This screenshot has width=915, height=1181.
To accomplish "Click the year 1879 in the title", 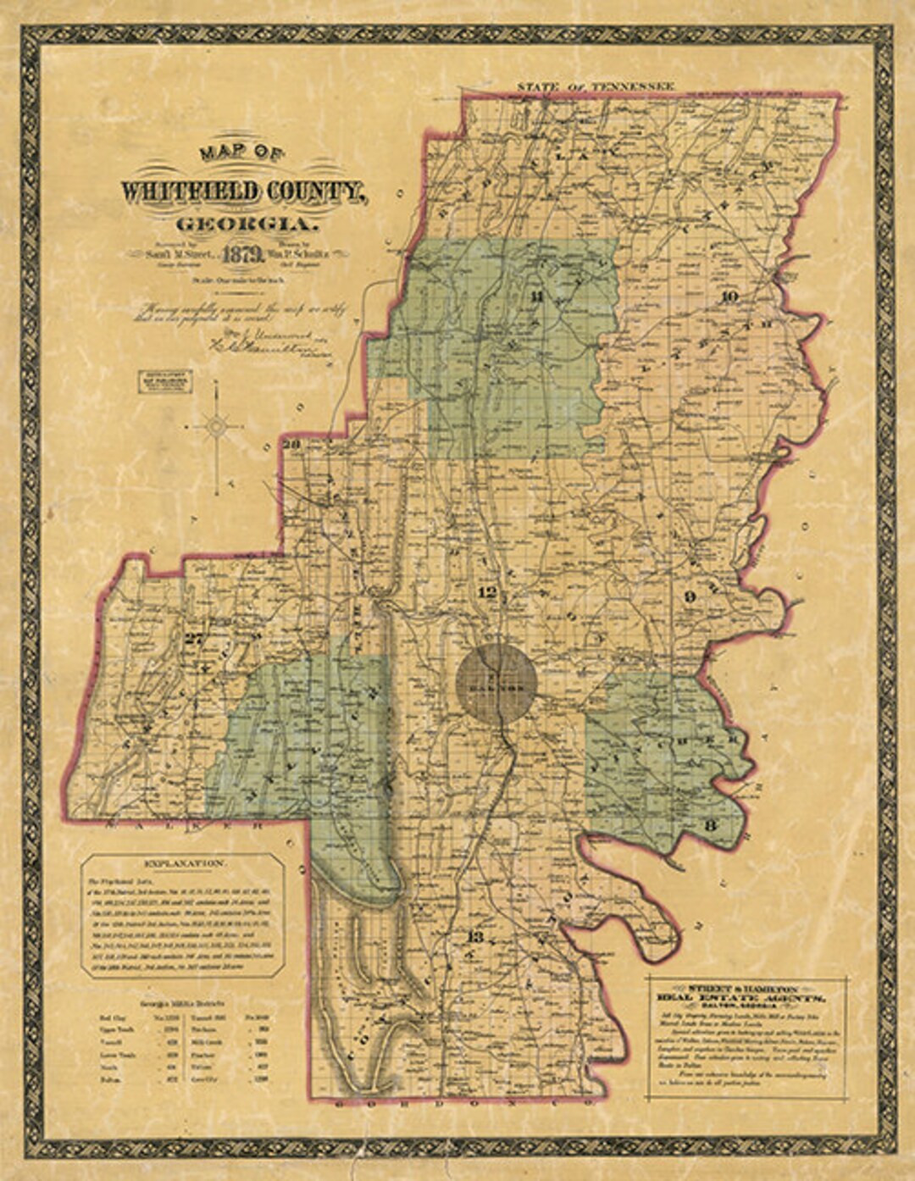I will (234, 254).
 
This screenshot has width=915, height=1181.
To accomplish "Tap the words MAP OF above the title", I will (242, 154).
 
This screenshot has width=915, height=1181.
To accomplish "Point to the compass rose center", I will (219, 425).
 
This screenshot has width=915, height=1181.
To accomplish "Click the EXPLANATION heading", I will (185, 864).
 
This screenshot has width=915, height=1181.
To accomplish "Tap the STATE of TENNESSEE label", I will (596, 86).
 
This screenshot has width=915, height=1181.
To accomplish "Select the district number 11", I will (535, 296).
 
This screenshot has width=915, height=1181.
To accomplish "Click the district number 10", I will (729, 296).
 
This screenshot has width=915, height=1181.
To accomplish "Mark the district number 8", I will (711, 824).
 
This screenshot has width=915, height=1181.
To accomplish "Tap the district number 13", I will (475, 937).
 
